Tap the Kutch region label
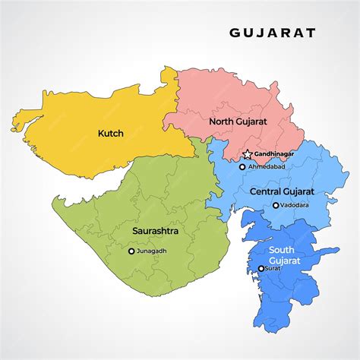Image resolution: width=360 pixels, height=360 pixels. click(110, 134)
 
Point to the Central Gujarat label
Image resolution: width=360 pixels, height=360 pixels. click(283, 191)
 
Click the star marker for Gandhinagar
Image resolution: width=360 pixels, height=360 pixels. click(247, 154)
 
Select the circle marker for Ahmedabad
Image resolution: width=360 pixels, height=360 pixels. click(242, 166)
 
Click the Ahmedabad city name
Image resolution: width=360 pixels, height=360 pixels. click(267, 166)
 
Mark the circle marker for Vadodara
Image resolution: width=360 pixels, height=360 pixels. click(275, 205)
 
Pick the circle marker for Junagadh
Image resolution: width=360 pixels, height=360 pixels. click(131, 251)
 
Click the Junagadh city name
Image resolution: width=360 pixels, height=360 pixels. click(152, 251)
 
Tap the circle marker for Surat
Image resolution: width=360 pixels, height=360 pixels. click(262, 268)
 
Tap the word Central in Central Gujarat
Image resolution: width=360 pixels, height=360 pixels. click(266, 191)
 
